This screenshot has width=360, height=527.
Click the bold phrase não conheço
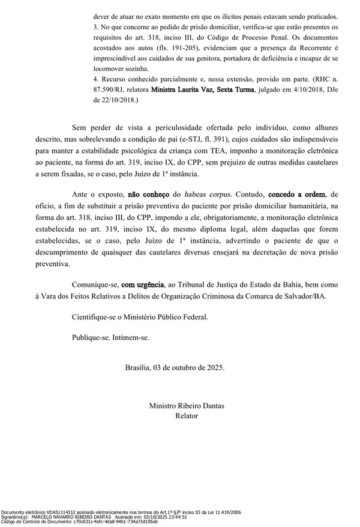[x=147, y=195]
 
